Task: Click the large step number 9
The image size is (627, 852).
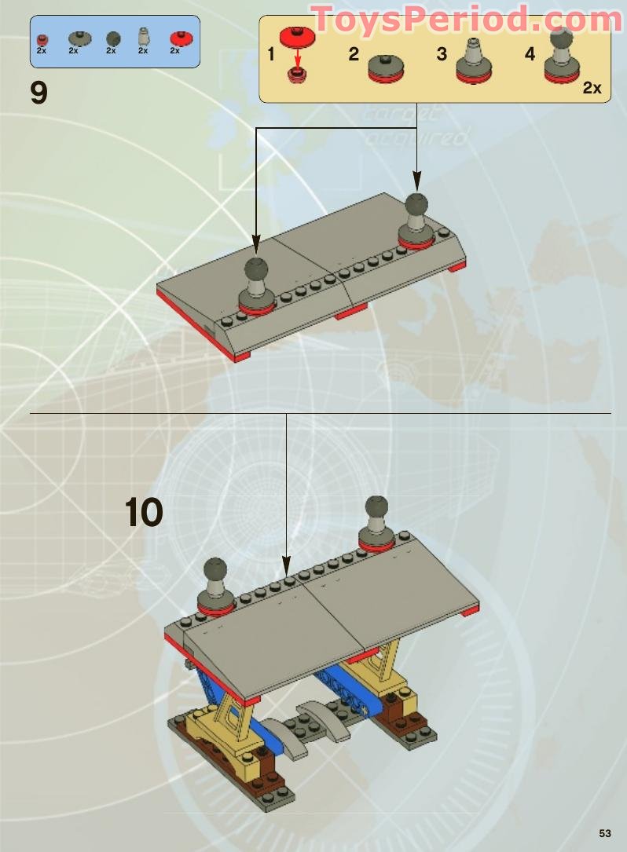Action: click(38, 93)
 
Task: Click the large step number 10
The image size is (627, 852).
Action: click(144, 513)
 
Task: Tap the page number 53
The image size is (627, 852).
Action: click(604, 833)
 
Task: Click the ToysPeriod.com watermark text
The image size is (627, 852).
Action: click(468, 20)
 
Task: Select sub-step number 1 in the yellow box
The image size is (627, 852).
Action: click(271, 54)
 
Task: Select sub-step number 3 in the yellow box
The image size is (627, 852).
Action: click(442, 54)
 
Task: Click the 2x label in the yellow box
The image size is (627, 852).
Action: click(592, 88)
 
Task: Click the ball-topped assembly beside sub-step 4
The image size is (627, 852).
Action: click(561, 58)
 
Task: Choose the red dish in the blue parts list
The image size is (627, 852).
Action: click(181, 37)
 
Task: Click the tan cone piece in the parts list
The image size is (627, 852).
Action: click(143, 35)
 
